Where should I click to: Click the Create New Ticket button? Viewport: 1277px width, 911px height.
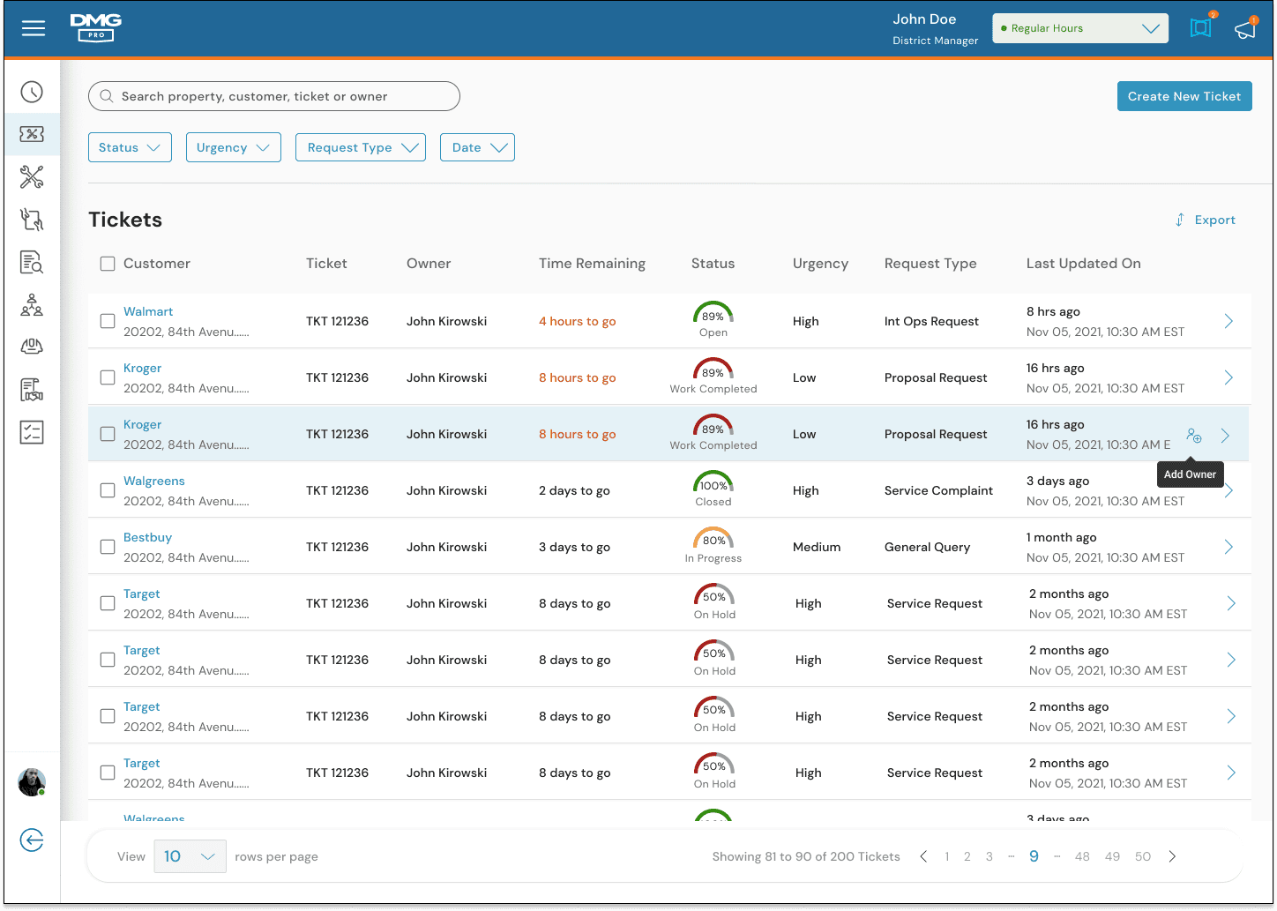(1184, 96)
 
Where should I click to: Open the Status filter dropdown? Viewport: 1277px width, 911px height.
(130, 147)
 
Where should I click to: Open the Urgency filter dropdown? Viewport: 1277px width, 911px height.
(233, 147)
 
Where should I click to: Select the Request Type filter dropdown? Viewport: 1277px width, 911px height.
(361, 147)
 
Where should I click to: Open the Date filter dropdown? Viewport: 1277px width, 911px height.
(477, 147)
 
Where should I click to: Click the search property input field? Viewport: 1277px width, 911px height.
(273, 96)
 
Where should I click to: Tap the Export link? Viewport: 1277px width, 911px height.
(1206, 220)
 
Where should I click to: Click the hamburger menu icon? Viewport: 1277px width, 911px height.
(34, 28)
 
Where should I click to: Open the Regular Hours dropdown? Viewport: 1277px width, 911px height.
(1080, 28)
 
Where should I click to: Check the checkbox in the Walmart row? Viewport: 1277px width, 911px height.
(108, 321)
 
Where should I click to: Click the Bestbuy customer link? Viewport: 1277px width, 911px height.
(147, 537)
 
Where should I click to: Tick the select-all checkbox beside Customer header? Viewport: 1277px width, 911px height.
(108, 264)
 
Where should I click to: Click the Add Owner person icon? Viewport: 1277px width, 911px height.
(1194, 436)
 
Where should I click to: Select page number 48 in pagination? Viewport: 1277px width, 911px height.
(1082, 856)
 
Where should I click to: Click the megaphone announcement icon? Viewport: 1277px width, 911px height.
(1245, 28)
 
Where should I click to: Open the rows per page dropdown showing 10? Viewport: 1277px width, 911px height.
(190, 856)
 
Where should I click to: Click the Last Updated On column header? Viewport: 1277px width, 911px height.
(1083, 264)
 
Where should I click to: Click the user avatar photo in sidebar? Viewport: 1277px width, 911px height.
(32, 781)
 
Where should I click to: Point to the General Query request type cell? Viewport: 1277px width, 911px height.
(927, 548)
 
